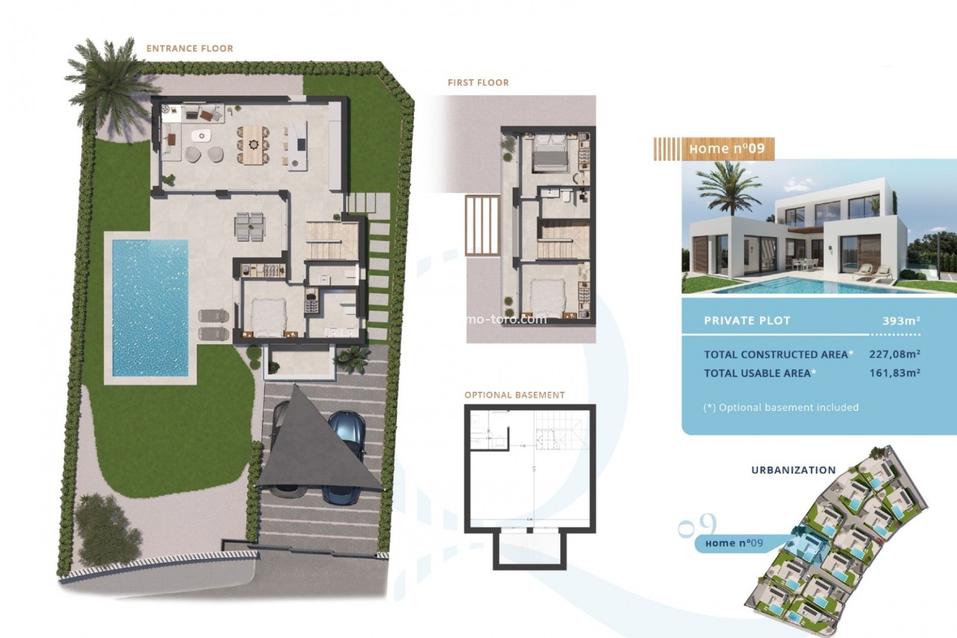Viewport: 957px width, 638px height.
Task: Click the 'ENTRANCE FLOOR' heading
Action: [x=189, y=48]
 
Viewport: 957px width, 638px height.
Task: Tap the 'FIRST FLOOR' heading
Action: [x=478, y=83]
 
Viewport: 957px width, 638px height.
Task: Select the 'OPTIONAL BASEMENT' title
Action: [x=514, y=395]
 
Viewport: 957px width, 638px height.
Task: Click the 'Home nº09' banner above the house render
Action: [x=726, y=149]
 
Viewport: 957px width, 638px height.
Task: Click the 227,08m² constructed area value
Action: [x=894, y=354]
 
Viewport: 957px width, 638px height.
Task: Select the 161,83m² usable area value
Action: [x=894, y=372]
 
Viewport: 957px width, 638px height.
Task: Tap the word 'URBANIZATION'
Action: [x=793, y=470]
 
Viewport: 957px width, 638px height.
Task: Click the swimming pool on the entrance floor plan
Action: [x=150, y=308]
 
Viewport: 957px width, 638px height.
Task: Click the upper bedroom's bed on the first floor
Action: [x=548, y=152]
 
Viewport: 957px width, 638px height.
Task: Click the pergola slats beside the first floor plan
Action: [x=482, y=225]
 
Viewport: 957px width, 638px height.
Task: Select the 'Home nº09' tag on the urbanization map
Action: [x=734, y=543]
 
